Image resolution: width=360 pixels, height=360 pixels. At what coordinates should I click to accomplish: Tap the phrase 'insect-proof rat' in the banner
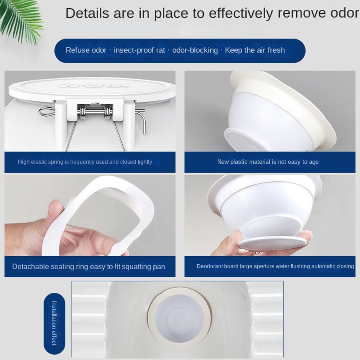[x=139, y=50]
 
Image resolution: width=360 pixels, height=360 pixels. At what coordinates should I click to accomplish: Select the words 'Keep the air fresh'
[x=255, y=50]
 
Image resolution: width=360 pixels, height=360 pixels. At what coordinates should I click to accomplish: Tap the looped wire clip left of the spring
[x=47, y=112]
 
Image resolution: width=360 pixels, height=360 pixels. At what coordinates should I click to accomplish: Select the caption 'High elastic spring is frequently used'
[x=85, y=162]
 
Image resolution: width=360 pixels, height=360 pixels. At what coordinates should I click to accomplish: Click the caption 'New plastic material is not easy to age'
[x=268, y=162]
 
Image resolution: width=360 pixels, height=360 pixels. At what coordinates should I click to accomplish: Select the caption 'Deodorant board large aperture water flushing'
[x=275, y=266]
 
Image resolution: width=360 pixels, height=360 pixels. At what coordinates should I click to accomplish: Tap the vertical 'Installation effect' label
[x=54, y=323]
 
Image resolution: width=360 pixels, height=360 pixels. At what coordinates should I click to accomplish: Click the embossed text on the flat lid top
[x=93, y=86]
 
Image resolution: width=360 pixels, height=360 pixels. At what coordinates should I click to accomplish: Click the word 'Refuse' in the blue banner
[x=77, y=50]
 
